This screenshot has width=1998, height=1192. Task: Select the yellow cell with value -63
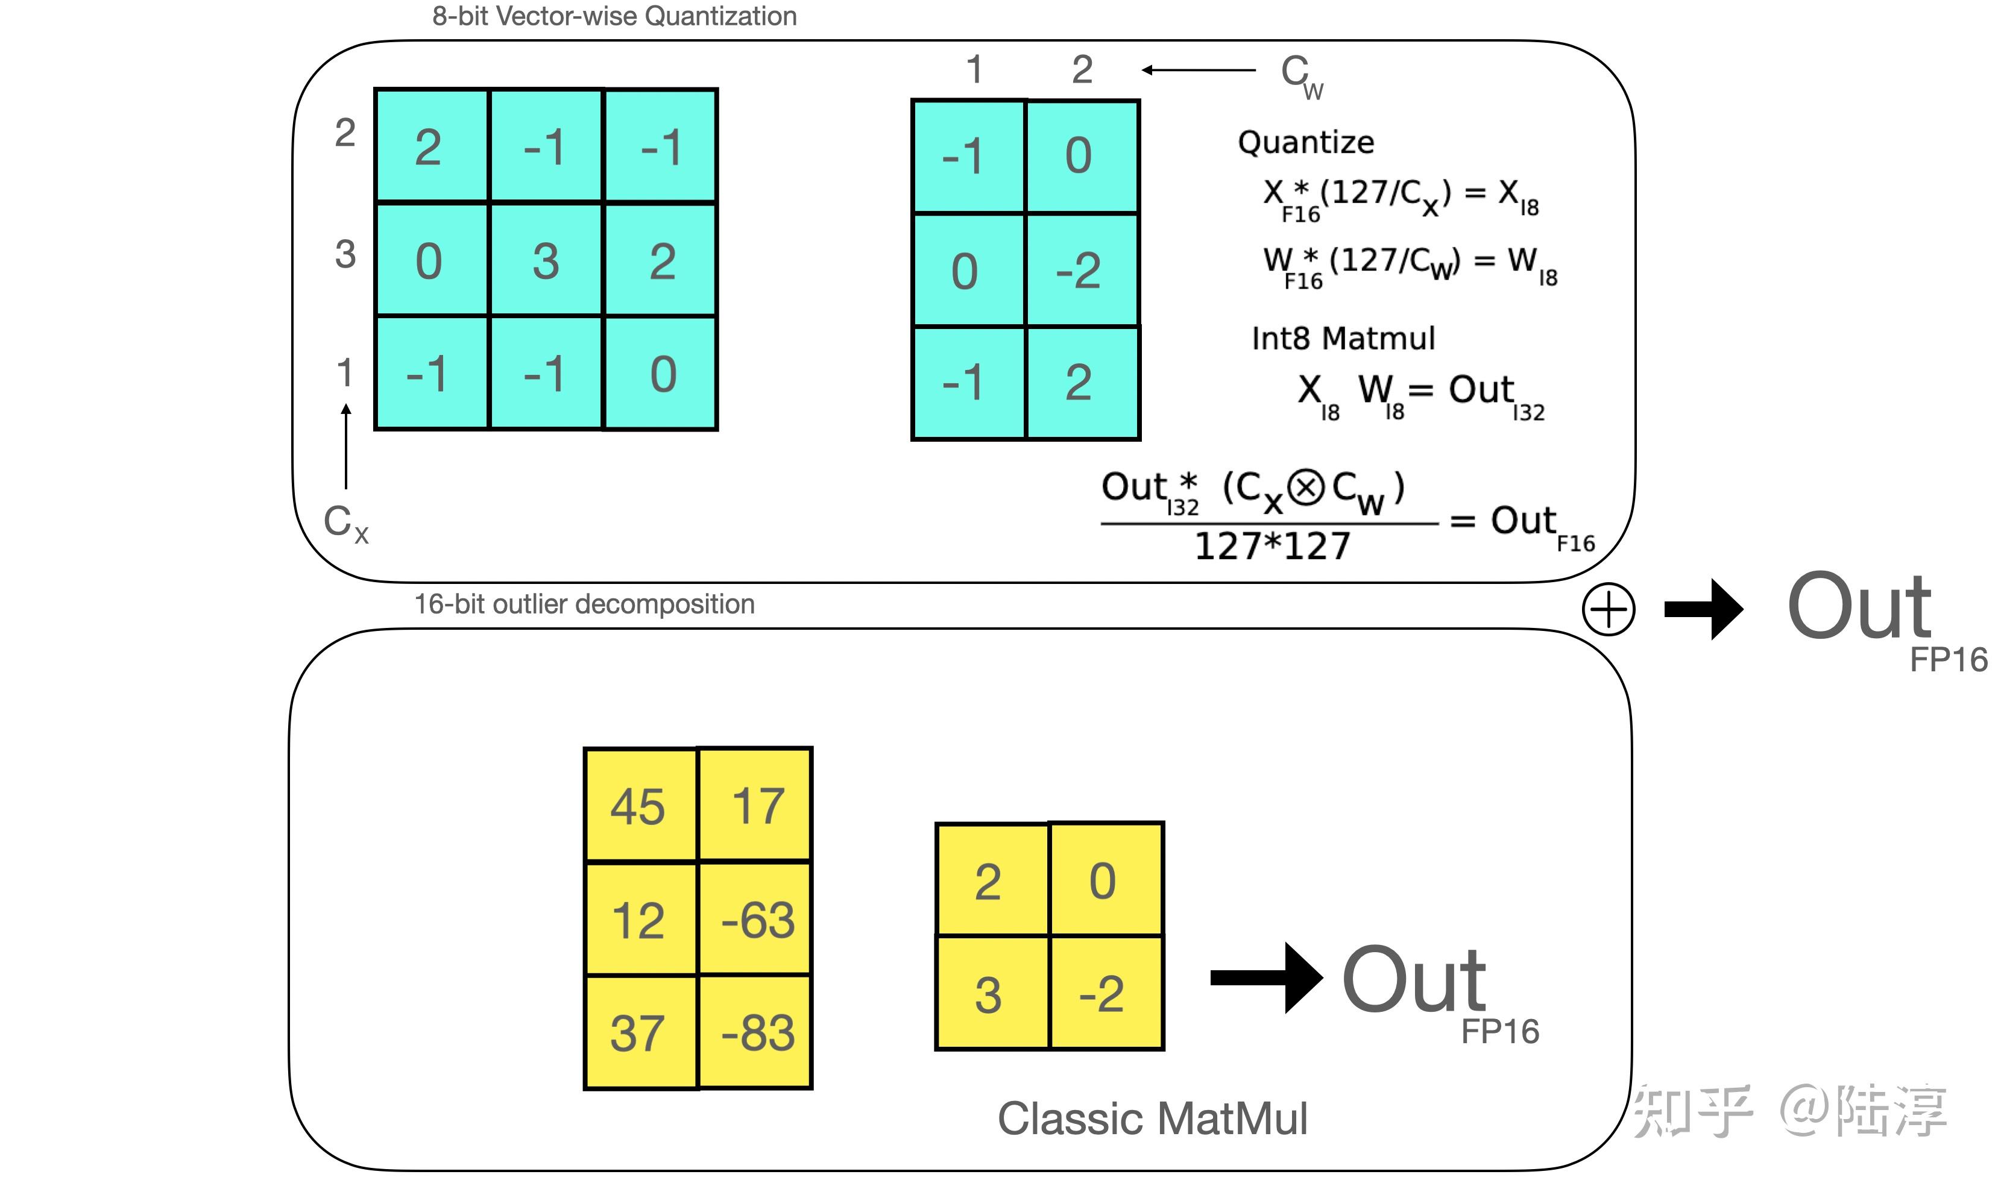click(x=756, y=919)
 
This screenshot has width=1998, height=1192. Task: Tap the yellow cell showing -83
click(x=756, y=1032)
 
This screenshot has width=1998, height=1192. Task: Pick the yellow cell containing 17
click(x=756, y=805)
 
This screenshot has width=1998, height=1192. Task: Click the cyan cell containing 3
click(x=546, y=260)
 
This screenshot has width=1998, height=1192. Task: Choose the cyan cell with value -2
click(x=1083, y=270)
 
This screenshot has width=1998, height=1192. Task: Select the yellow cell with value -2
click(x=1106, y=993)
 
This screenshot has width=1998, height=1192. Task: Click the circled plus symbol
click(x=1609, y=610)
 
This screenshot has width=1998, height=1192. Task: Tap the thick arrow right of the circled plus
click(x=1703, y=610)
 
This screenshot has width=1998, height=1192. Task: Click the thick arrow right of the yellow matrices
click(x=1267, y=977)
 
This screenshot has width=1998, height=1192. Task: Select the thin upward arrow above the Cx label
click(x=346, y=447)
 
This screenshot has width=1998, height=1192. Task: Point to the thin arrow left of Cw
click(x=1199, y=70)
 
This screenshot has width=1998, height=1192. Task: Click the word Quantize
click(x=1306, y=142)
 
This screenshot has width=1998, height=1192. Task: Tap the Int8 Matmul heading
click(x=1343, y=338)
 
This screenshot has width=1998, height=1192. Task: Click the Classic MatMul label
click(x=1153, y=1118)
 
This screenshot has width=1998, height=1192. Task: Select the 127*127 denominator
click(x=1273, y=546)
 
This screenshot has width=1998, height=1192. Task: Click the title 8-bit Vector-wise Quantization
click(x=614, y=16)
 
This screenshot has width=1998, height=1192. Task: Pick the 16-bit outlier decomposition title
click(x=585, y=604)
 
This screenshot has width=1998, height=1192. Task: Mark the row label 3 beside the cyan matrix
click(x=345, y=255)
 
